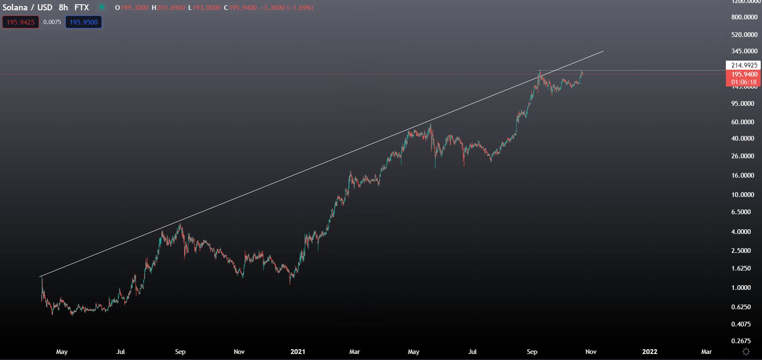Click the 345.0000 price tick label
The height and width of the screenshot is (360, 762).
pyautogui.click(x=744, y=51)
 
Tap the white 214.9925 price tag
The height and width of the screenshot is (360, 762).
pyautogui.click(x=744, y=65)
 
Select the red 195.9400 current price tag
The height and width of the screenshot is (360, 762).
pyautogui.click(x=744, y=74)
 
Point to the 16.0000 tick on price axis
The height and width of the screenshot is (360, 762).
pyautogui.click(x=742, y=175)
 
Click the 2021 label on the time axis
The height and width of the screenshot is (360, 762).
pyautogui.click(x=298, y=352)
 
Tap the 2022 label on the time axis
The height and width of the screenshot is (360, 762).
pyautogui.click(x=649, y=352)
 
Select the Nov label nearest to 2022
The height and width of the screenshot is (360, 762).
pyautogui.click(x=591, y=352)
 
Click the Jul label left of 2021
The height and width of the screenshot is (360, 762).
pyautogui.click(x=120, y=352)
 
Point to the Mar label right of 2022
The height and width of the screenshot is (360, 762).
pyautogui.click(x=707, y=352)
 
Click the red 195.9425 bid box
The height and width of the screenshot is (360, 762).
pyautogui.click(x=21, y=22)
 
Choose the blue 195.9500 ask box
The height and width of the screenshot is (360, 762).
pyautogui.click(x=83, y=22)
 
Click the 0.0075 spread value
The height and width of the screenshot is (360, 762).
pyautogui.click(x=52, y=22)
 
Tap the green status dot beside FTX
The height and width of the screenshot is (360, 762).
pyautogui.click(x=101, y=7)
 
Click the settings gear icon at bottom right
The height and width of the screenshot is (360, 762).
pyautogui.click(x=746, y=352)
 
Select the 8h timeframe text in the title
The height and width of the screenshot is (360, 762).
pyautogui.click(x=63, y=7)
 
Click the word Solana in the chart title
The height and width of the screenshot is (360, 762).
pyautogui.click(x=15, y=7)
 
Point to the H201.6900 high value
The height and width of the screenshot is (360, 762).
pyautogui.click(x=168, y=8)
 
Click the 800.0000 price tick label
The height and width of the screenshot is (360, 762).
pyautogui.click(x=744, y=17)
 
